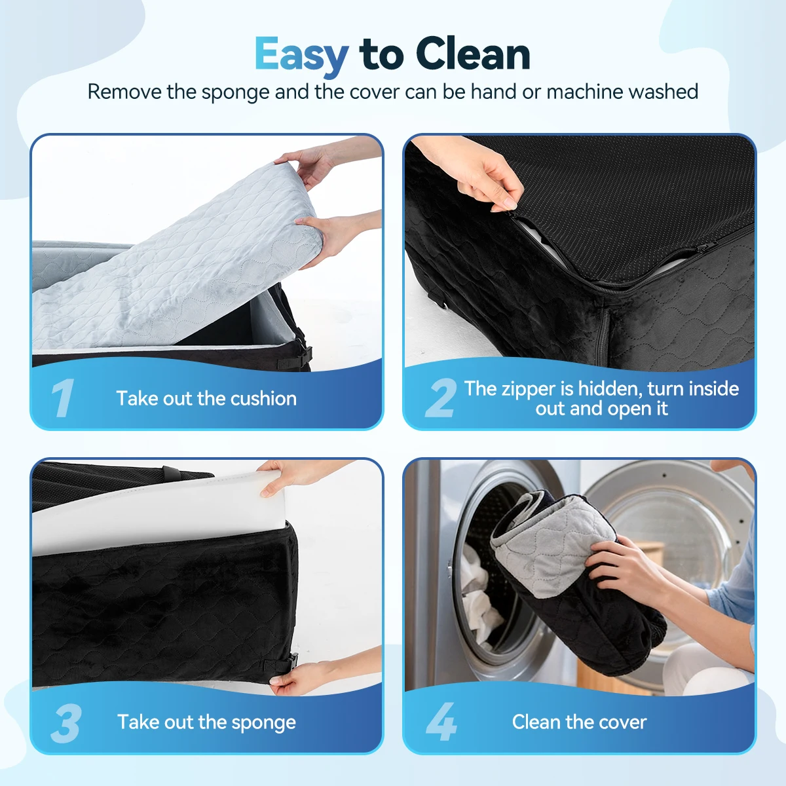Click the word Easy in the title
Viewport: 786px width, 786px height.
click(302, 55)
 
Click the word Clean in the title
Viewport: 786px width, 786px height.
click(473, 54)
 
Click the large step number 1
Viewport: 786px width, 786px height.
click(63, 398)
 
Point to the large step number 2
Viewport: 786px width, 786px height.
click(441, 398)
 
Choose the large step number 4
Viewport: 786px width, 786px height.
click(441, 722)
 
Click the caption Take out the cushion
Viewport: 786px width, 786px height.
click(206, 398)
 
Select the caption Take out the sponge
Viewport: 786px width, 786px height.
click(206, 722)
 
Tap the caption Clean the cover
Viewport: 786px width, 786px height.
click(579, 722)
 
